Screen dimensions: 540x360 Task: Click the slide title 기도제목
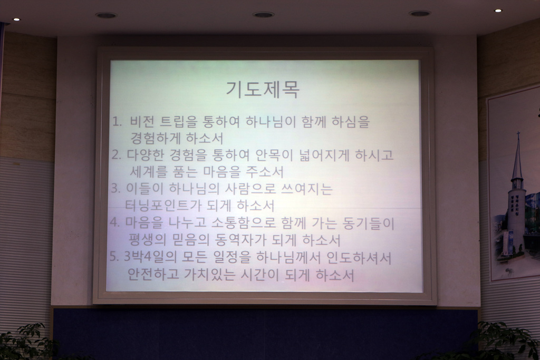263,90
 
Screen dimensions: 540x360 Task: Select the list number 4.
114,222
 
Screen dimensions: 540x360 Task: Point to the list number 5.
114,257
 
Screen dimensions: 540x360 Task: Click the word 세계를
148,172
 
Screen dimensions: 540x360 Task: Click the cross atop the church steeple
518,134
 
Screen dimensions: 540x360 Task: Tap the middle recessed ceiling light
263,14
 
